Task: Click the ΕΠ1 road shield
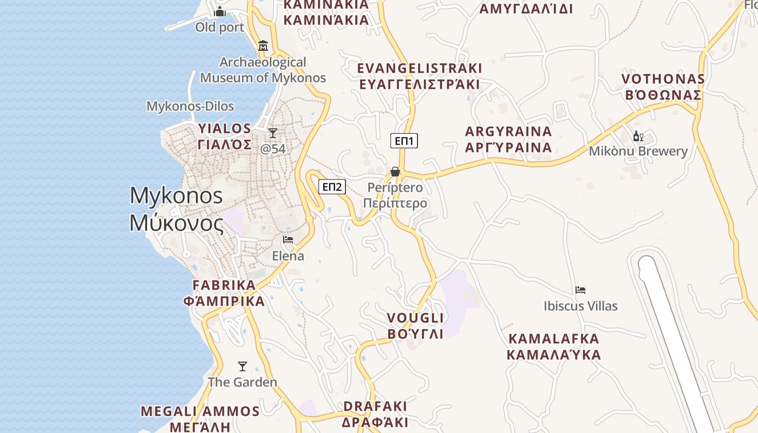coord(404,141)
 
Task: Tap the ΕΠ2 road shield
coord(332,187)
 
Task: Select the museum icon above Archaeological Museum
coord(263,46)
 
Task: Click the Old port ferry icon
coord(220,11)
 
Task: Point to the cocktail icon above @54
coord(273,133)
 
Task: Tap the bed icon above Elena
coord(288,239)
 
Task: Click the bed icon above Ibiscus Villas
coord(580,290)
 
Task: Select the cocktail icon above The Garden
coord(243,366)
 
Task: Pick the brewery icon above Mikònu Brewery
coord(638,136)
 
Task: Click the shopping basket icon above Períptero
coord(395,172)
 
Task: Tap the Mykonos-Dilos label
coord(190,106)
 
